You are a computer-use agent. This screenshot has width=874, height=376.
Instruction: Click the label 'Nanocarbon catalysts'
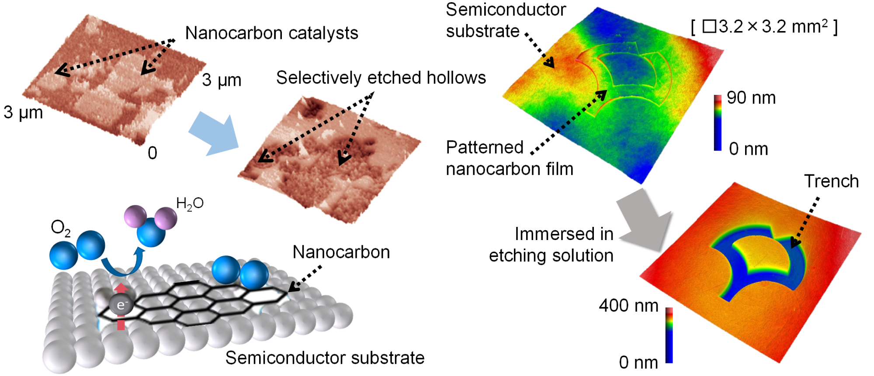coord(271,33)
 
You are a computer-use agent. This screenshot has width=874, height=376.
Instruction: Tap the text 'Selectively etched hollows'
coord(381,77)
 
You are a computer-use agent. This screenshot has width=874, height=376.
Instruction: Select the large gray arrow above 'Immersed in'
coord(643,221)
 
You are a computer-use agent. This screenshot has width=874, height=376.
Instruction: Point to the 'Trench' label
coord(831,181)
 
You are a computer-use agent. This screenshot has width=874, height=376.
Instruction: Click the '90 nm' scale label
coord(751,97)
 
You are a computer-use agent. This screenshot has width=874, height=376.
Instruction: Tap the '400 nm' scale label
coord(628,305)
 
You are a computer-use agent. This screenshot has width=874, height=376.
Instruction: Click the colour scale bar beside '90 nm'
coord(718,123)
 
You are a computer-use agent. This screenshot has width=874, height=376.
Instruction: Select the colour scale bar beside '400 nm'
coord(669,335)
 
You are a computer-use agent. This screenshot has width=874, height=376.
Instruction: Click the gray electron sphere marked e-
coord(121,305)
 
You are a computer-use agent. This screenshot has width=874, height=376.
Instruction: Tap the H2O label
coord(190,203)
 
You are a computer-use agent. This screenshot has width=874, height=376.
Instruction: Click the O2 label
coord(60,228)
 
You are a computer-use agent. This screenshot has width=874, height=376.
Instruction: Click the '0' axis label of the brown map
coord(152,153)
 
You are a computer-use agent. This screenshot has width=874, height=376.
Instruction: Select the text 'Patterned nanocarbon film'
coord(510,158)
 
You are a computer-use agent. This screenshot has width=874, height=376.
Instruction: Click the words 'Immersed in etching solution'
coord(551,244)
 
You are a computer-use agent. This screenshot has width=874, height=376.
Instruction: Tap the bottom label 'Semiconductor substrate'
coord(325,358)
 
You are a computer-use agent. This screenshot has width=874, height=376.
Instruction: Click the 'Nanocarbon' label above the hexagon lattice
coord(341,252)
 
